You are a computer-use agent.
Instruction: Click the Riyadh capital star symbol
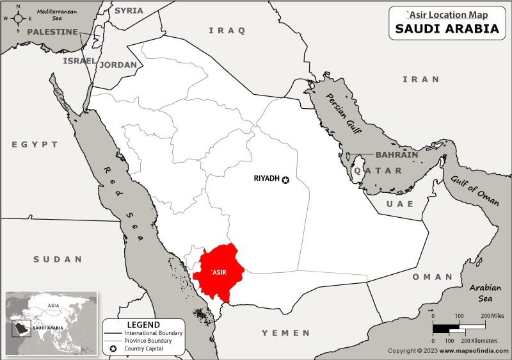point(285,180)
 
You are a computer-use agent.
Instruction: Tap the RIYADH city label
point(267,179)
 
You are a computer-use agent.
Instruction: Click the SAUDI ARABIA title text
point(447,29)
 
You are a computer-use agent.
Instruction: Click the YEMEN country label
point(285,333)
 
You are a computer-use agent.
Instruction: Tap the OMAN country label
point(432,277)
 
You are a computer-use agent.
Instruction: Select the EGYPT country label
point(35,145)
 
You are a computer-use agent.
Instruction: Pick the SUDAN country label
point(58,259)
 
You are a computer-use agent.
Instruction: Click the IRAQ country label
point(227,30)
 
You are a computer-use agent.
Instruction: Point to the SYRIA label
point(129,11)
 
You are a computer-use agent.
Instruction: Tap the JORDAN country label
point(118,65)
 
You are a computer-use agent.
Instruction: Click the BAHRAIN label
point(396,155)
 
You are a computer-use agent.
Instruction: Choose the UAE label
point(400,204)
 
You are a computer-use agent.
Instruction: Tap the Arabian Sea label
point(486,293)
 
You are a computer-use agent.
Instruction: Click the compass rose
point(17,17)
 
